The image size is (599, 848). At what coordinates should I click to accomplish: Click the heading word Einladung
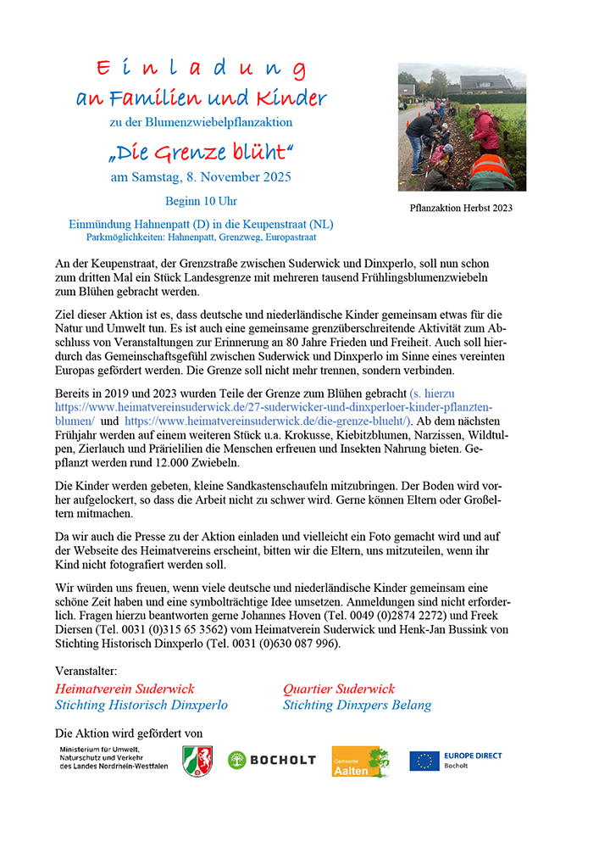point(201,69)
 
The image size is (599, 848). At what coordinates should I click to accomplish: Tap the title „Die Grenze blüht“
point(201,153)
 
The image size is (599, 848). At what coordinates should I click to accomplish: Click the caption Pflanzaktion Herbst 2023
point(461,208)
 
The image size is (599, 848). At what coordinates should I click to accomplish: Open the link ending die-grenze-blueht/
point(267,421)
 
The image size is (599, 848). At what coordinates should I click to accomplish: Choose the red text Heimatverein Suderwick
point(125,689)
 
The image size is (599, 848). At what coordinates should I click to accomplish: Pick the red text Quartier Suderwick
point(339,689)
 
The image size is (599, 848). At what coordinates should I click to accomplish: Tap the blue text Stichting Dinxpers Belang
point(357,706)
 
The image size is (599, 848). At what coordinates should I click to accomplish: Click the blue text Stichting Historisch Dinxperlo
point(141,706)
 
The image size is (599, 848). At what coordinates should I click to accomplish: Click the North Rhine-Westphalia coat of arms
point(197,761)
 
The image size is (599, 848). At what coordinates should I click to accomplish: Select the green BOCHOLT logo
point(271,761)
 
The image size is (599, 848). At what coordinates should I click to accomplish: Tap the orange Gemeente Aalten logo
point(360,762)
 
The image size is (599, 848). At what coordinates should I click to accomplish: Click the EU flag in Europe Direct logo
point(424,761)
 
